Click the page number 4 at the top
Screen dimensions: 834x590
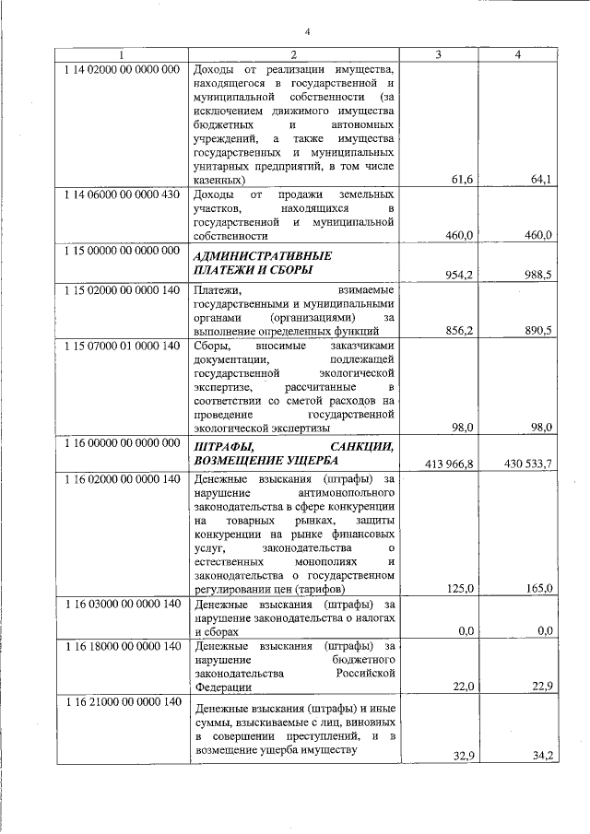(308, 33)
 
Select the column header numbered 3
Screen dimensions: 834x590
(438, 55)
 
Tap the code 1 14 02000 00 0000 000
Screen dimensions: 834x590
(122, 70)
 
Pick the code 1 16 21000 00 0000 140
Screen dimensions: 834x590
(122, 703)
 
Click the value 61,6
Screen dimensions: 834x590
(462, 180)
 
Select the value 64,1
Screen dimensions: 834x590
(540, 180)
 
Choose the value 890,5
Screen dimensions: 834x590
(537, 329)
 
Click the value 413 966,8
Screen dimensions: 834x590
(450, 464)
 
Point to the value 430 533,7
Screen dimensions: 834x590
(528, 464)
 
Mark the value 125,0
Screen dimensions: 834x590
(458, 588)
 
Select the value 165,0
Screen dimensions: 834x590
(537, 588)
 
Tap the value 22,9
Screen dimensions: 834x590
(540, 687)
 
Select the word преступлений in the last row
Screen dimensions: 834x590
(310, 736)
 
